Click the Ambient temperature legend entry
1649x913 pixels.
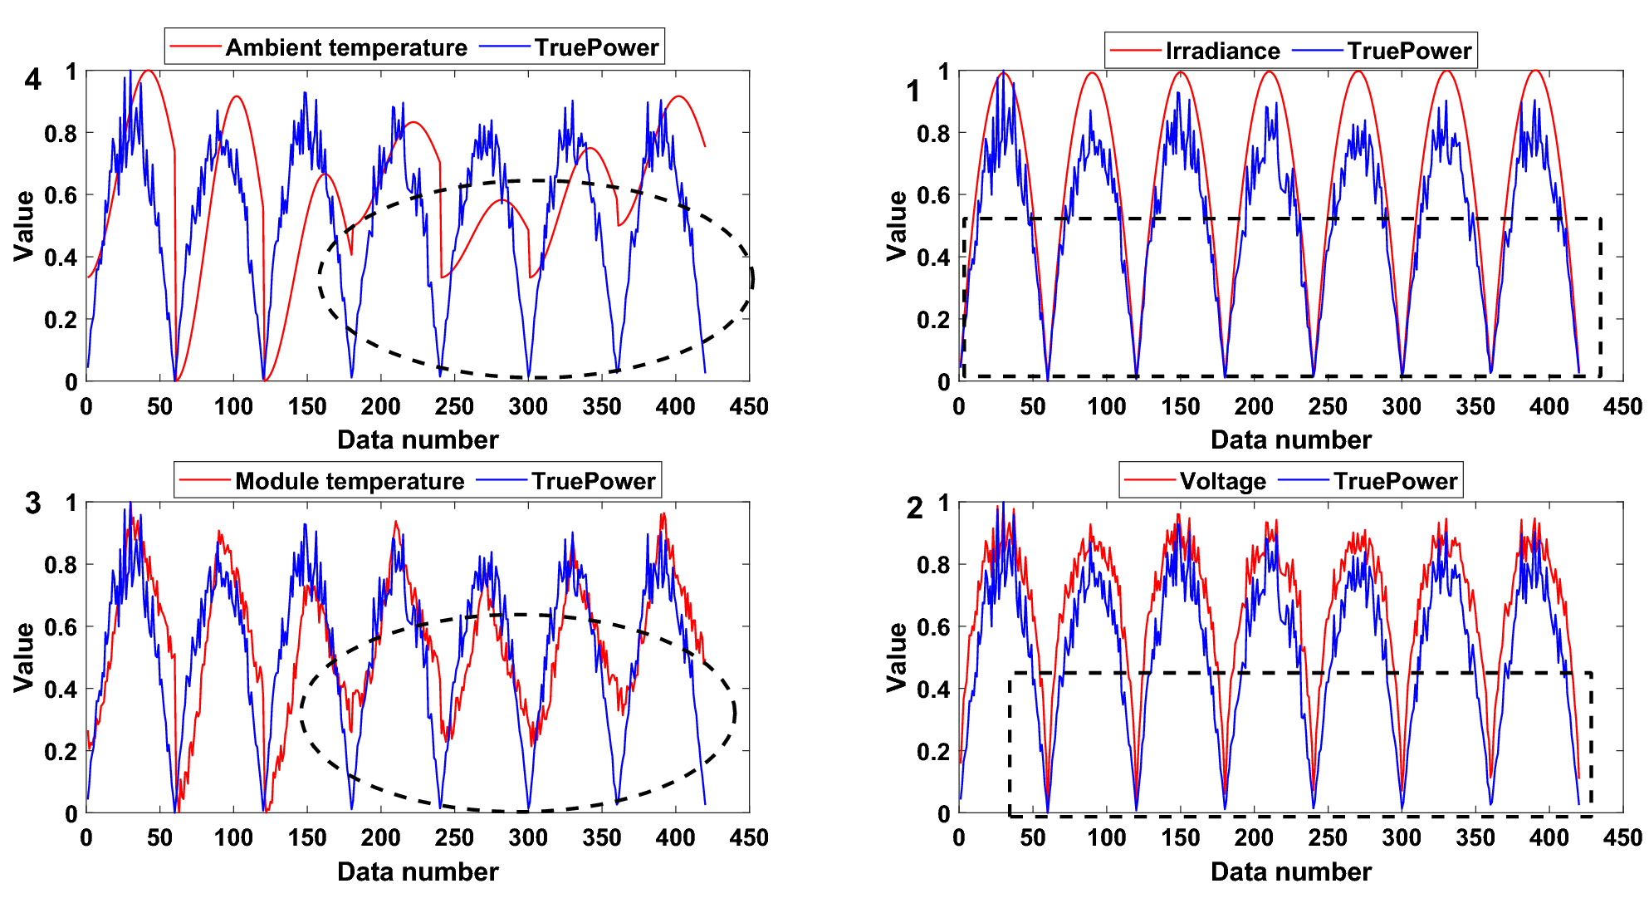pyautogui.click(x=345, y=47)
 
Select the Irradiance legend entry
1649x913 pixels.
pyautogui.click(x=1221, y=51)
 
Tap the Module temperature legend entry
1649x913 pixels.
pyautogui.click(x=349, y=481)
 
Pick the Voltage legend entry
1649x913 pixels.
pyautogui.click(x=1222, y=481)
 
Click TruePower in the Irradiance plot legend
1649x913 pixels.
pyautogui.click(x=1409, y=51)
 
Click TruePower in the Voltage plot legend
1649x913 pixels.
pyautogui.click(x=1395, y=481)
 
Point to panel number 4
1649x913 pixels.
pyautogui.click(x=32, y=80)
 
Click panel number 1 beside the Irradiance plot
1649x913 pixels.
pyautogui.click(x=913, y=91)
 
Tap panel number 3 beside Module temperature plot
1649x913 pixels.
pyautogui.click(x=32, y=503)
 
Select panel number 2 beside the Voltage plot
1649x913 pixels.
pyautogui.click(x=914, y=508)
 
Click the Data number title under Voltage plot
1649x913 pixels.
pyautogui.click(x=1290, y=871)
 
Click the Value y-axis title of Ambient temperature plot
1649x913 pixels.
pyautogui.click(x=24, y=225)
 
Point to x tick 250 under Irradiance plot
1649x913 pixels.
pyautogui.click(x=1327, y=406)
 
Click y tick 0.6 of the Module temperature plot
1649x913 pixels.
pyautogui.click(x=60, y=627)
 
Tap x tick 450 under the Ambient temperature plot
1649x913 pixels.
pyautogui.click(x=748, y=406)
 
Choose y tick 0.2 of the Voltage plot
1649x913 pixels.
pyautogui.click(x=933, y=752)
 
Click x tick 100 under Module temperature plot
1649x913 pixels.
pyautogui.click(x=233, y=837)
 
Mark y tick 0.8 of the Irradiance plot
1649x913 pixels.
pyautogui.click(x=933, y=134)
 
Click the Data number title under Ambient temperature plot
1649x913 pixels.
pyautogui.click(x=418, y=439)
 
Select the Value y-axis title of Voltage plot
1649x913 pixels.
pyautogui.click(x=897, y=656)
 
